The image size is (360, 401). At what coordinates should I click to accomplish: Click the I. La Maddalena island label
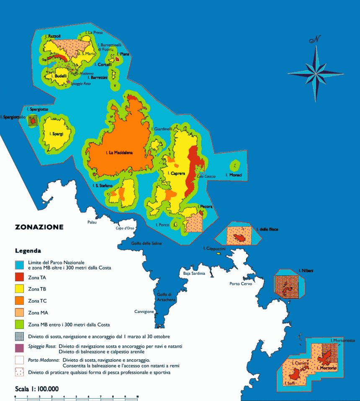pyautogui.click(x=119, y=153)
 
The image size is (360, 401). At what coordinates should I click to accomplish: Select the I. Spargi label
pyautogui.click(x=56, y=134)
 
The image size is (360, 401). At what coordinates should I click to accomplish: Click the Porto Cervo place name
pyautogui.click(x=240, y=284)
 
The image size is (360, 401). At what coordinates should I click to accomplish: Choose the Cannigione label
pyautogui.click(x=144, y=311)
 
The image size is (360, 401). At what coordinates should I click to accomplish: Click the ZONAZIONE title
pyautogui.click(x=39, y=227)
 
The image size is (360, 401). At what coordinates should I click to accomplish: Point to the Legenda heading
pyautogui.click(x=28, y=251)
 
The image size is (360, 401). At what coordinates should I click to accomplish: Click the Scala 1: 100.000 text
pyautogui.click(x=37, y=388)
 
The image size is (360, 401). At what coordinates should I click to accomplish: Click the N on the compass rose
pyautogui.click(x=315, y=40)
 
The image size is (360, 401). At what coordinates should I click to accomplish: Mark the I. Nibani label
pyautogui.click(x=306, y=271)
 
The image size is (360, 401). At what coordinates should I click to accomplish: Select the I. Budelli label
pyautogui.click(x=58, y=76)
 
